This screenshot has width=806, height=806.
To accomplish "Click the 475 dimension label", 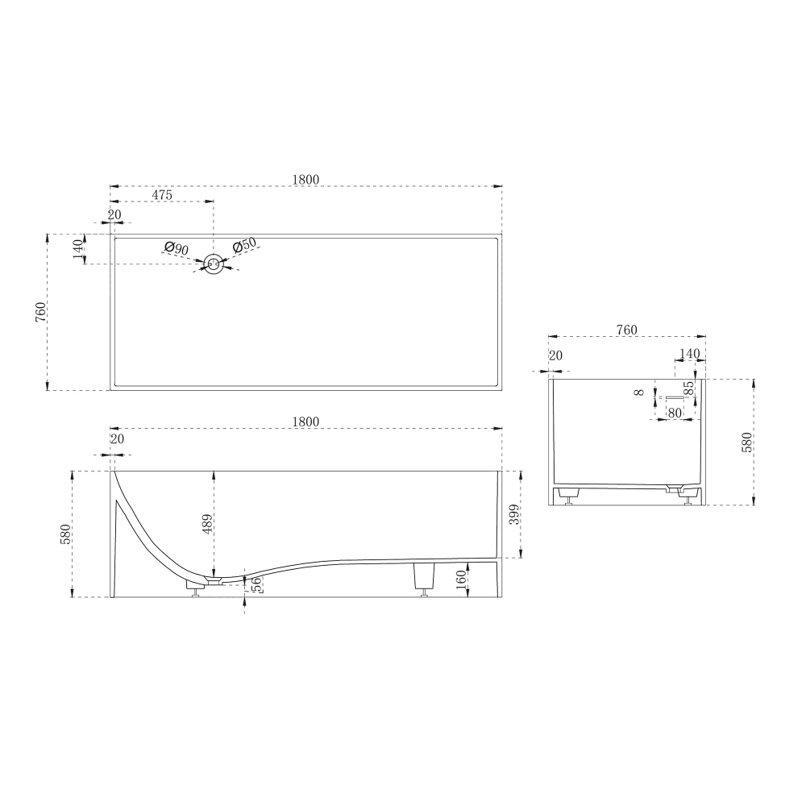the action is [162, 195].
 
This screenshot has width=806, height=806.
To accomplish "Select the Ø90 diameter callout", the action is [177, 249].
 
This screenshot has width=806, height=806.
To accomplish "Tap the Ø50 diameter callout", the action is [244, 245].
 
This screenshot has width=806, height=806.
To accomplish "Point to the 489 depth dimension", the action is [207, 524].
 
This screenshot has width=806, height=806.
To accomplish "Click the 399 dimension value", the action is [514, 514].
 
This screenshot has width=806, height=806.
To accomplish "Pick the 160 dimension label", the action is [461, 580].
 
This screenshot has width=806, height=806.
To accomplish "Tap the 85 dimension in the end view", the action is [692, 388].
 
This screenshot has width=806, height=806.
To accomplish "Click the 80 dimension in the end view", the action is [674, 412].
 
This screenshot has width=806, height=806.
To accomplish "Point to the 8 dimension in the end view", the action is [639, 393].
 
